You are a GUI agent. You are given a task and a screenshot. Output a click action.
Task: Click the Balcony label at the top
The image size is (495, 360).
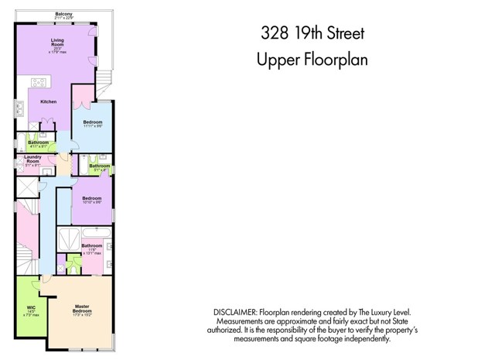click(x=63, y=14)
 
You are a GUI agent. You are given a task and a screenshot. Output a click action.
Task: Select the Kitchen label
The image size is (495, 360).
click(x=48, y=101)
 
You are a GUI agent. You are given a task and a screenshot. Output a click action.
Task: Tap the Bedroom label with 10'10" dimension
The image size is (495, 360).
click(x=92, y=198)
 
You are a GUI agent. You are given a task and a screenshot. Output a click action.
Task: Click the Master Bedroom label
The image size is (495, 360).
click(x=82, y=307)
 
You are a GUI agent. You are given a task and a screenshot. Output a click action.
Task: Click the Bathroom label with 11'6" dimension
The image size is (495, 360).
click(x=92, y=246)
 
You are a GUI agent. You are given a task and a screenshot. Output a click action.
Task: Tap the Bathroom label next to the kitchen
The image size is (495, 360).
click(x=38, y=142)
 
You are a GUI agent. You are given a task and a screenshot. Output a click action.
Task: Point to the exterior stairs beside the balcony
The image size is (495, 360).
click(x=103, y=79)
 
